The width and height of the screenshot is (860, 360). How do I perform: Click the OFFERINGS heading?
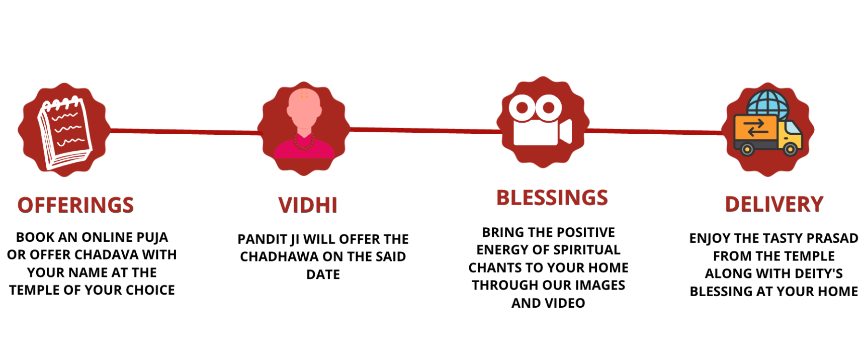[x=75, y=205]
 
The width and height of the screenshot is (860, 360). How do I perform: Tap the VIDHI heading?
[x=308, y=205]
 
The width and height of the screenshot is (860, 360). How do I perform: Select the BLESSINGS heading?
[x=552, y=198]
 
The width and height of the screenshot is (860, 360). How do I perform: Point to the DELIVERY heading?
[x=774, y=204]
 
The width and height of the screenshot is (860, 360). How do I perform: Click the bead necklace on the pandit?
[x=304, y=142]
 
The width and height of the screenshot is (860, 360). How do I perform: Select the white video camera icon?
[x=541, y=119]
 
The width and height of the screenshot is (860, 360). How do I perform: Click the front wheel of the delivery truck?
[x=790, y=149]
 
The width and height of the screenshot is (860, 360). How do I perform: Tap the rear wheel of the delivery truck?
[x=747, y=149]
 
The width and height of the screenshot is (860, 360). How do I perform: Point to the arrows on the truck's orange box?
[x=755, y=127]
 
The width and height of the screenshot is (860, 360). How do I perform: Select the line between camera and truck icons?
[x=653, y=132]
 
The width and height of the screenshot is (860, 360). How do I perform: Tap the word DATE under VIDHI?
[x=323, y=275]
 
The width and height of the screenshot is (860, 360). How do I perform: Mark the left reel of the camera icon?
[x=522, y=108]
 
